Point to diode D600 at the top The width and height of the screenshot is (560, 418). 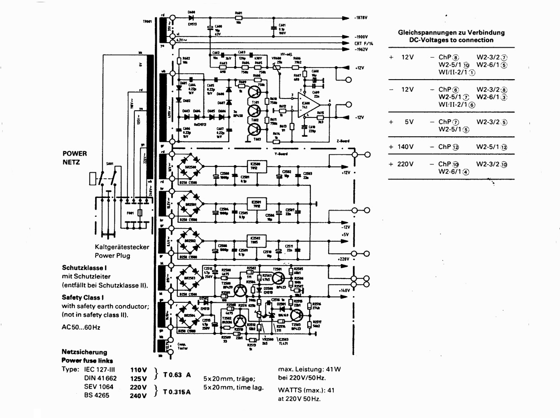tap(193, 18)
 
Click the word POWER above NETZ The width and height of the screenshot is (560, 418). tap(74, 153)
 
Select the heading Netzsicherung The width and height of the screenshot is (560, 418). tap(84, 352)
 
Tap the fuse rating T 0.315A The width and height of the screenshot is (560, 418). tap(177, 391)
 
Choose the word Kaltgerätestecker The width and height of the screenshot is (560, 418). tap(122, 247)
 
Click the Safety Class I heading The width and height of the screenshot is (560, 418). tap(83, 297)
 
